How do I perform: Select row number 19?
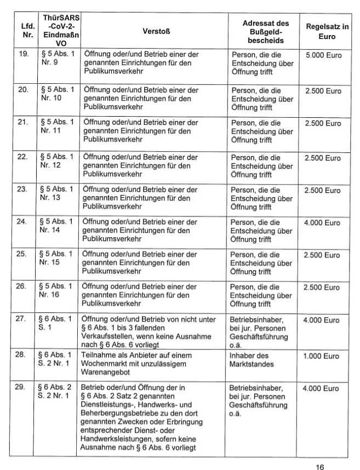tap(23, 55)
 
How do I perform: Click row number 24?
tap(23, 222)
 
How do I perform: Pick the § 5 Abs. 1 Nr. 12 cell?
tap(56, 161)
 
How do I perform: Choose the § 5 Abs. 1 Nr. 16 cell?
tap(56, 290)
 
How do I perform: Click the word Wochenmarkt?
tap(108, 363)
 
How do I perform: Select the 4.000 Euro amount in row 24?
tap(323, 222)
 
